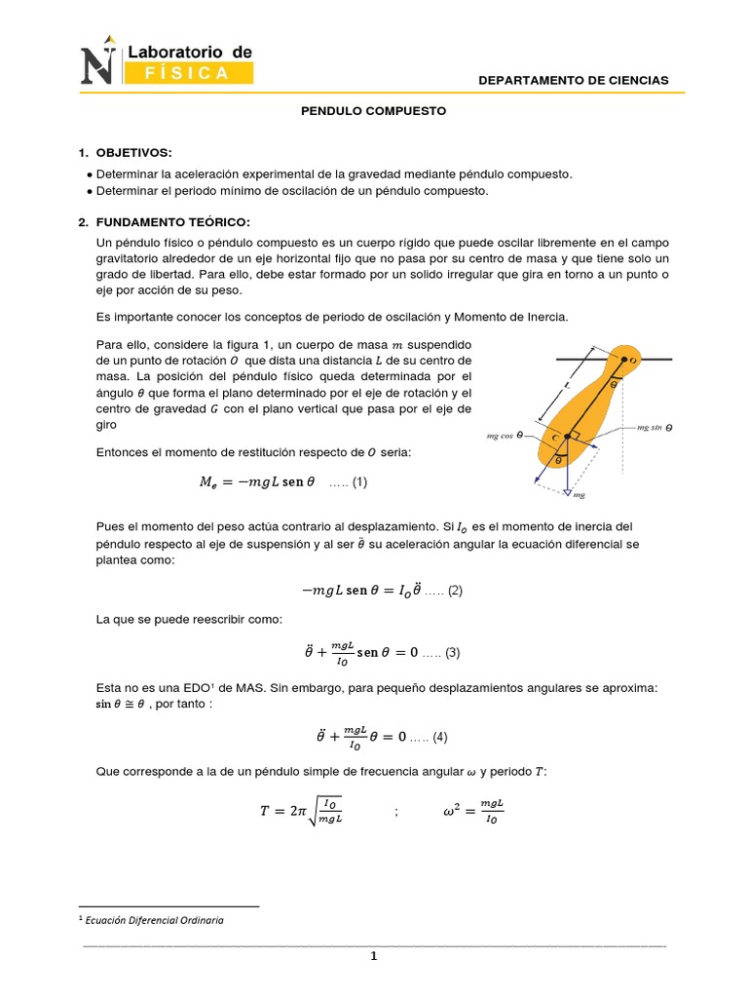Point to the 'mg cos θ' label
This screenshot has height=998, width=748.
click(505, 437)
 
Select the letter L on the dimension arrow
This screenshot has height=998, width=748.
click(567, 385)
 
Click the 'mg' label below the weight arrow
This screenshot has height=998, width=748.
click(579, 496)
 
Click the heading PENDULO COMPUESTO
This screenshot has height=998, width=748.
click(373, 111)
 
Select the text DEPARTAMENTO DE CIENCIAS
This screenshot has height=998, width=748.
click(574, 80)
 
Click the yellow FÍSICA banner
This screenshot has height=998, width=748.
click(188, 73)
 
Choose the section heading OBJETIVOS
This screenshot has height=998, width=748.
click(133, 153)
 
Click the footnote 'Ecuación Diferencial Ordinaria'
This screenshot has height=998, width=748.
click(155, 920)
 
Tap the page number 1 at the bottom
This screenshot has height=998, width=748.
click(373, 957)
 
